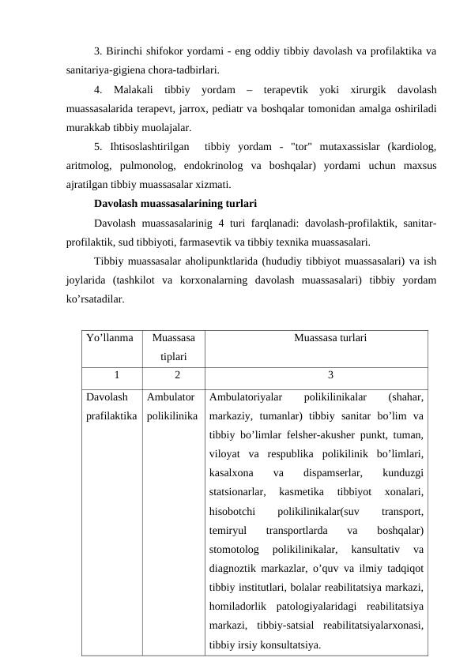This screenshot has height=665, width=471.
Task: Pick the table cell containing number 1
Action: click(115, 375)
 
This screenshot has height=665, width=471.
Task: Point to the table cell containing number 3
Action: click(330, 375)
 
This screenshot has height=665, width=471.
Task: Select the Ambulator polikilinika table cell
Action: click(171, 404)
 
